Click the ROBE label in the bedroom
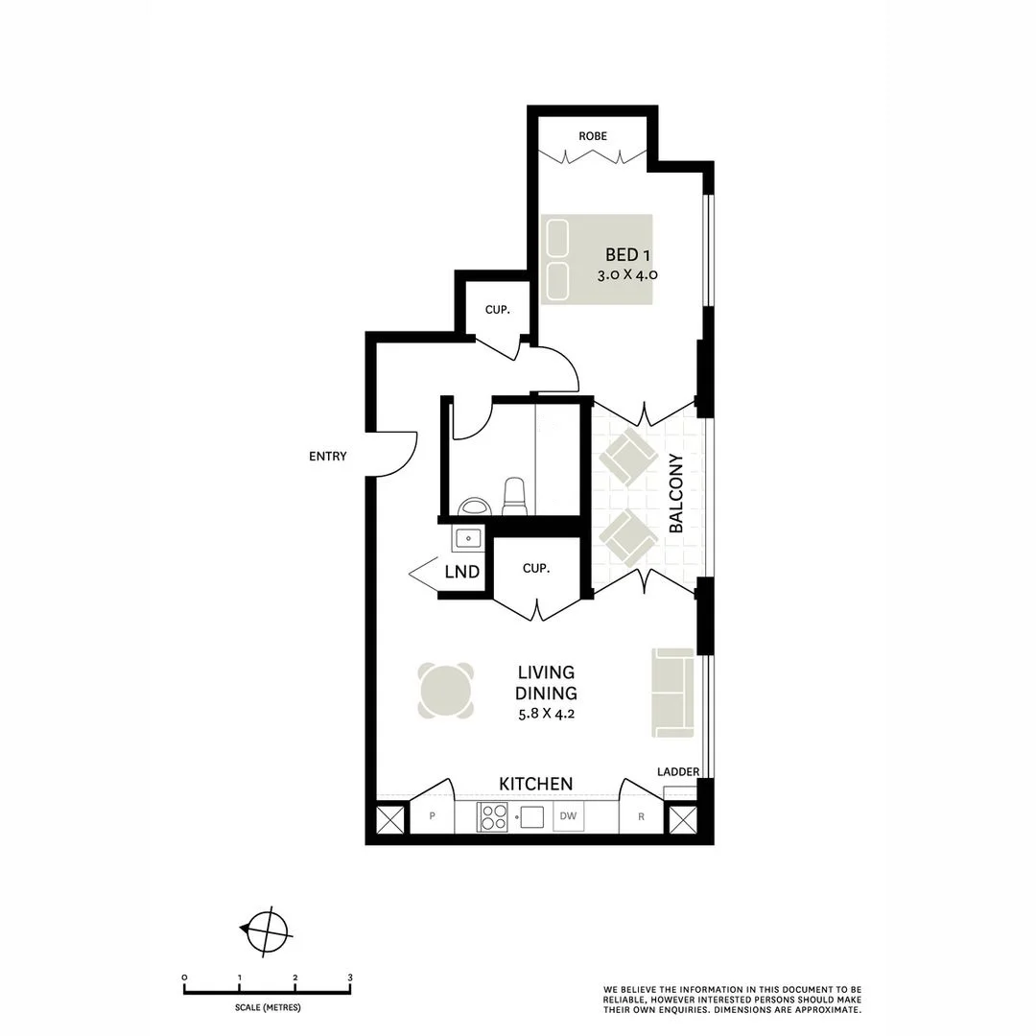(x=593, y=136)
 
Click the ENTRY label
(x=328, y=457)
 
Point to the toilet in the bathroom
(x=515, y=496)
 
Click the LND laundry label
(x=461, y=574)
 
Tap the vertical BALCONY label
(x=676, y=494)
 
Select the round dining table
(x=447, y=691)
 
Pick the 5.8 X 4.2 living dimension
(x=546, y=714)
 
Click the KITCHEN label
(x=536, y=784)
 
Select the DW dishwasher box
(x=568, y=817)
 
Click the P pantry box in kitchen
(x=433, y=817)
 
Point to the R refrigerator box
(x=641, y=817)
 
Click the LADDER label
(x=678, y=772)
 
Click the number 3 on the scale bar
(x=350, y=977)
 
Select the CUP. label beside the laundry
(x=535, y=568)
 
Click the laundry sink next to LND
(x=468, y=538)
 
